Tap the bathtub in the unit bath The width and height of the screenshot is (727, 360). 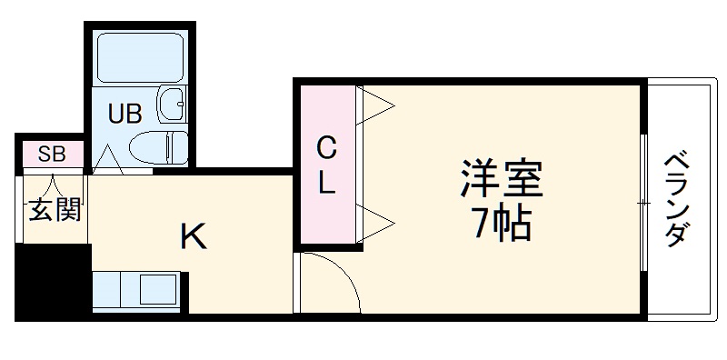click(x=141, y=56)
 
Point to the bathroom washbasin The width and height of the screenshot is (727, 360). click(x=170, y=105)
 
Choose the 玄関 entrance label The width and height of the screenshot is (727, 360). click(x=54, y=210)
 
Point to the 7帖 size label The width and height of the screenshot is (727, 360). click(x=500, y=224)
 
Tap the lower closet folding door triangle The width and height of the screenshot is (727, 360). click(x=377, y=219)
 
